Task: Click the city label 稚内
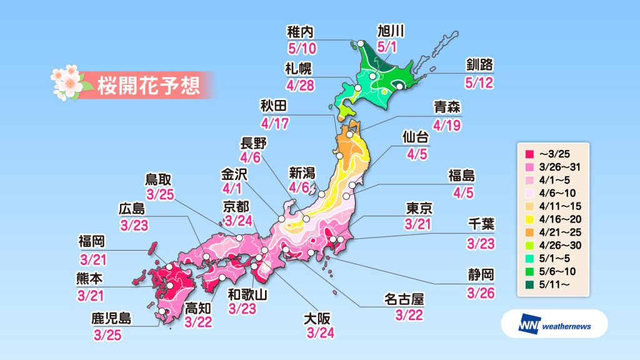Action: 302,29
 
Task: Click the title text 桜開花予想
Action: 148,86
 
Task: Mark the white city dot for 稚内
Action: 360,44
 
